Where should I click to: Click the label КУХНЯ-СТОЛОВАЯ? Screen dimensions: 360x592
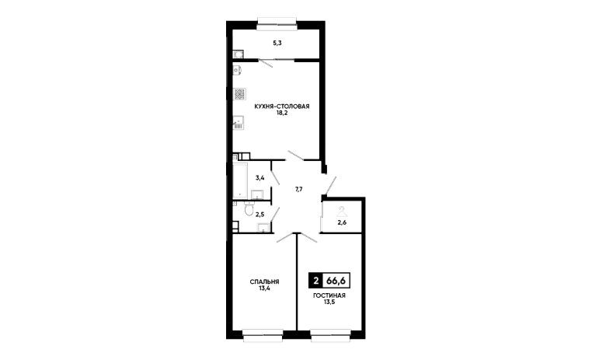277,106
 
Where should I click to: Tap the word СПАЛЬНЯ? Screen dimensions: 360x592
264,281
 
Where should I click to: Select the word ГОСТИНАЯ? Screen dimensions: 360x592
329,296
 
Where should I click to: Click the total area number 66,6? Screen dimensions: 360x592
336,281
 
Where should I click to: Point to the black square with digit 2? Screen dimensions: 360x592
315,281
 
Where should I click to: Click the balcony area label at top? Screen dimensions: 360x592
277,44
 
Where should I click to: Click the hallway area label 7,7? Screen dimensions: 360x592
298,188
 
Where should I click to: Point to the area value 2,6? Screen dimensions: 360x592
341,224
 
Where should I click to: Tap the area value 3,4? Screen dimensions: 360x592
260,178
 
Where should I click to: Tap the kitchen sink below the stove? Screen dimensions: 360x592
237,122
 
